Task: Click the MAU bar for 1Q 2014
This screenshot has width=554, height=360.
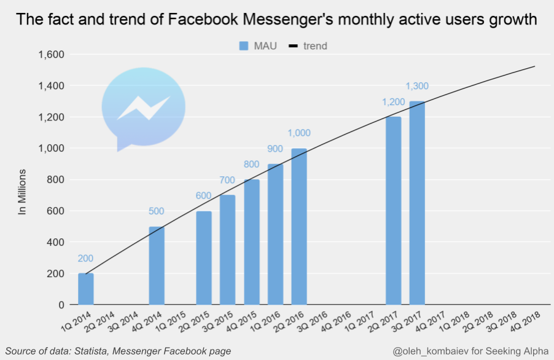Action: click(86, 289)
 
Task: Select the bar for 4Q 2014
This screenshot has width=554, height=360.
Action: click(157, 265)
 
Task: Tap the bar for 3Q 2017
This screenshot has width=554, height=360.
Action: click(417, 203)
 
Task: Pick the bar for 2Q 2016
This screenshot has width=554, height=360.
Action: click(299, 227)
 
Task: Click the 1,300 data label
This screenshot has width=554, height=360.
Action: click(417, 86)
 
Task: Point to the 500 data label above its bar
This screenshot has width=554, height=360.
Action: click(156, 211)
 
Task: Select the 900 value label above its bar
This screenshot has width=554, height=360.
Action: click(275, 149)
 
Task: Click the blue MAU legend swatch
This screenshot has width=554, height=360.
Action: click(244, 46)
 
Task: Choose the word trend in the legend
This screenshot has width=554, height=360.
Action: click(315, 46)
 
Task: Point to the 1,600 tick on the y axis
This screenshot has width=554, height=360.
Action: click(51, 55)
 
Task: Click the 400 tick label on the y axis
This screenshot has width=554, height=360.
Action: click(55, 243)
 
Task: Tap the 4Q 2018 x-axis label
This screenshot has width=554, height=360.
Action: click(525, 321)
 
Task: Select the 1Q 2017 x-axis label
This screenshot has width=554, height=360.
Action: click(360, 321)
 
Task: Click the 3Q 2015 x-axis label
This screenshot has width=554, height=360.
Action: click(217, 321)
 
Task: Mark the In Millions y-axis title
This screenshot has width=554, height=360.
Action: click(22, 192)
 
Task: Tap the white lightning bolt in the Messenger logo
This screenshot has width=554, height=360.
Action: click(144, 108)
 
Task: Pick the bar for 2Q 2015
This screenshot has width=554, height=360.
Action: click(204, 257)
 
